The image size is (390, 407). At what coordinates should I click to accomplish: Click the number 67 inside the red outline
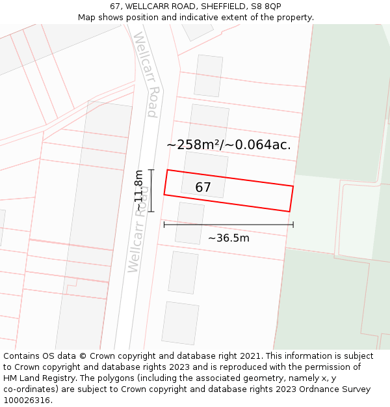tap(203, 188)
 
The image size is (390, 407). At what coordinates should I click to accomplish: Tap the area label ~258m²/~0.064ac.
tap(228, 145)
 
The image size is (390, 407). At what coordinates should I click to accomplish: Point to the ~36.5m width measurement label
tap(228, 238)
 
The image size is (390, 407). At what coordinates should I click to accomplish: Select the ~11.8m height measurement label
tap(138, 190)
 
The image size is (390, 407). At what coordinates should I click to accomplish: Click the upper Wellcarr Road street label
tap(146, 74)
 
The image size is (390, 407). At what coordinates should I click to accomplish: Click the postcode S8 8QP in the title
tap(264, 7)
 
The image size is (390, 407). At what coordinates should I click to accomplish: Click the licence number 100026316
tap(27, 400)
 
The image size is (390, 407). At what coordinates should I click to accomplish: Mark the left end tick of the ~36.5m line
tap(164, 225)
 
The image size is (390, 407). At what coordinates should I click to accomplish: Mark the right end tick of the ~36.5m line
tap(293, 225)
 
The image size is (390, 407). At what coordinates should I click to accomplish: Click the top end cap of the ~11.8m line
tap(151, 170)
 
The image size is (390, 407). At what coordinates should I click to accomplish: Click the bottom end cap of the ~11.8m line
tap(151, 212)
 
